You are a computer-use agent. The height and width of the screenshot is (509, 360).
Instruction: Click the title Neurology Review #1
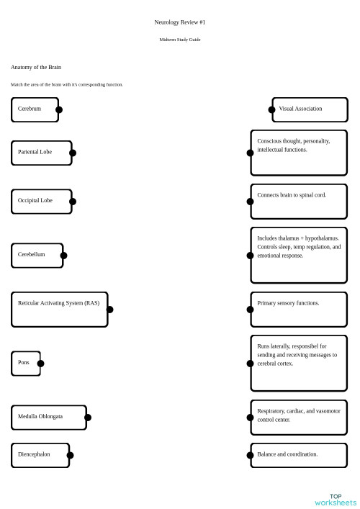[x=180, y=22]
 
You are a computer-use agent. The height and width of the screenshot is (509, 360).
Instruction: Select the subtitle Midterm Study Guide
[x=180, y=40]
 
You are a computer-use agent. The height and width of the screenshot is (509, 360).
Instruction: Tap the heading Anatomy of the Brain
[x=36, y=67]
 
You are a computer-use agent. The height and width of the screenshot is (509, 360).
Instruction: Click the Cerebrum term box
[x=35, y=109]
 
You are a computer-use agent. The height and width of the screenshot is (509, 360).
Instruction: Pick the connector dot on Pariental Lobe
[x=72, y=153]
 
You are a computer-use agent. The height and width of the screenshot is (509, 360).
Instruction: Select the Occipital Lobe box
[x=41, y=201]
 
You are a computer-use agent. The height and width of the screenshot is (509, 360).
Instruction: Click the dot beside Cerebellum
[x=63, y=255]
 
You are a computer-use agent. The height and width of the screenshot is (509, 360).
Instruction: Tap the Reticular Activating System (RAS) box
[x=59, y=310]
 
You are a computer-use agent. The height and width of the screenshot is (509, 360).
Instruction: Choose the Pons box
[x=25, y=363]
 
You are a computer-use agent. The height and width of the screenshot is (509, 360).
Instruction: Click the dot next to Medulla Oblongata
[x=88, y=417]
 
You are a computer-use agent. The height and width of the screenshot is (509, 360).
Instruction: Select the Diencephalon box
[x=40, y=454]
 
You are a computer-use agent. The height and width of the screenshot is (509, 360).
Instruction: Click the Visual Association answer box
[x=310, y=109]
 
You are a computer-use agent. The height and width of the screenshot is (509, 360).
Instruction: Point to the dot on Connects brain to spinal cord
[x=251, y=201]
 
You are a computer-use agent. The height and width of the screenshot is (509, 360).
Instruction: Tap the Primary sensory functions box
[x=299, y=310]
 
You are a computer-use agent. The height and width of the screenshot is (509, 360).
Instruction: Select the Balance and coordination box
[x=299, y=454]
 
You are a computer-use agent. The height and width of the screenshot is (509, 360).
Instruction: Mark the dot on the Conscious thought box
[x=251, y=153]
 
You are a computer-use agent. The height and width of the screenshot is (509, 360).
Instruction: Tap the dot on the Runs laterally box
[x=251, y=363]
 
